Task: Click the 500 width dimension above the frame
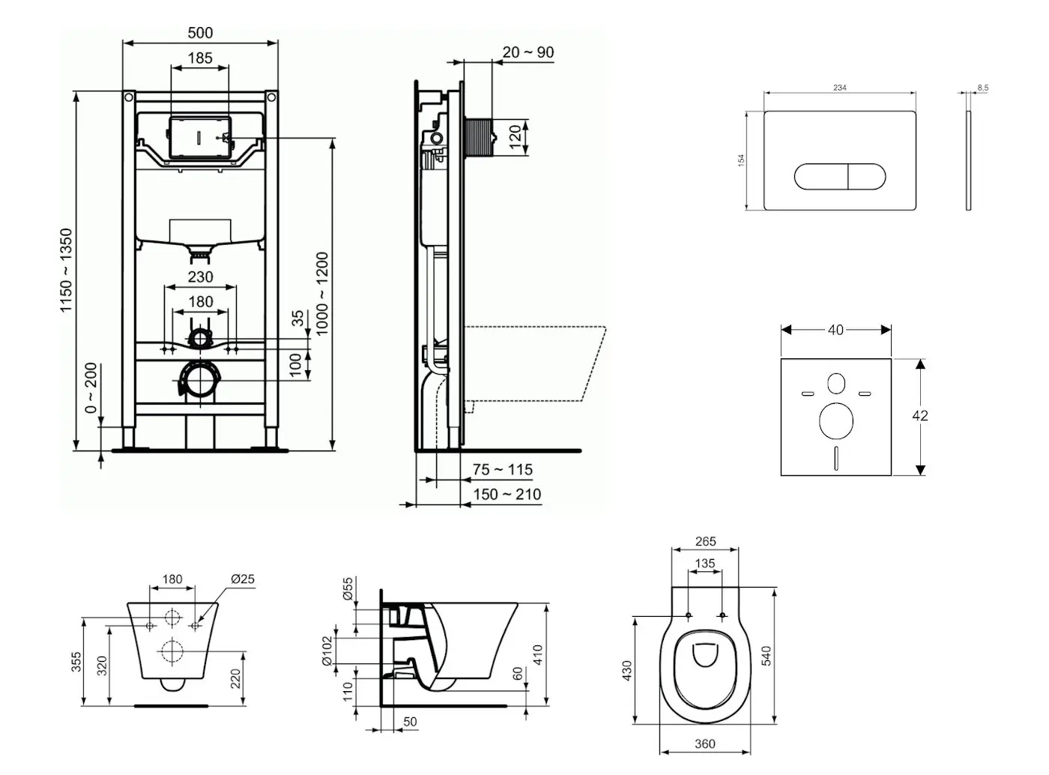click(200, 33)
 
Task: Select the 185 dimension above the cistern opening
click(200, 58)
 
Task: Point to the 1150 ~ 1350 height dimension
click(67, 271)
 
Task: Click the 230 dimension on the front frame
click(200, 277)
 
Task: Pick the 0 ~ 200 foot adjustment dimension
click(91, 388)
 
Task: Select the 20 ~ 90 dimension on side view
click(528, 52)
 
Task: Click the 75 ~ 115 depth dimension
click(503, 470)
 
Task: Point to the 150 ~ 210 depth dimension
click(507, 495)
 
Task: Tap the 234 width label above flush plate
click(840, 88)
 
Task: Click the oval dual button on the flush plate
click(840, 176)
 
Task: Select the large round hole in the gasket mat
click(836, 421)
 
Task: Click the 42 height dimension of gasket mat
click(921, 416)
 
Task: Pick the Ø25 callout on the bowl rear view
click(243, 579)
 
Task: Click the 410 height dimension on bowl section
click(537, 654)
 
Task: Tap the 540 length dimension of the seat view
click(766, 656)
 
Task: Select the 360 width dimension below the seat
click(705, 744)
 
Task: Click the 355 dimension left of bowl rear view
click(77, 661)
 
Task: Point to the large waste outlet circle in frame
click(200, 380)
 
